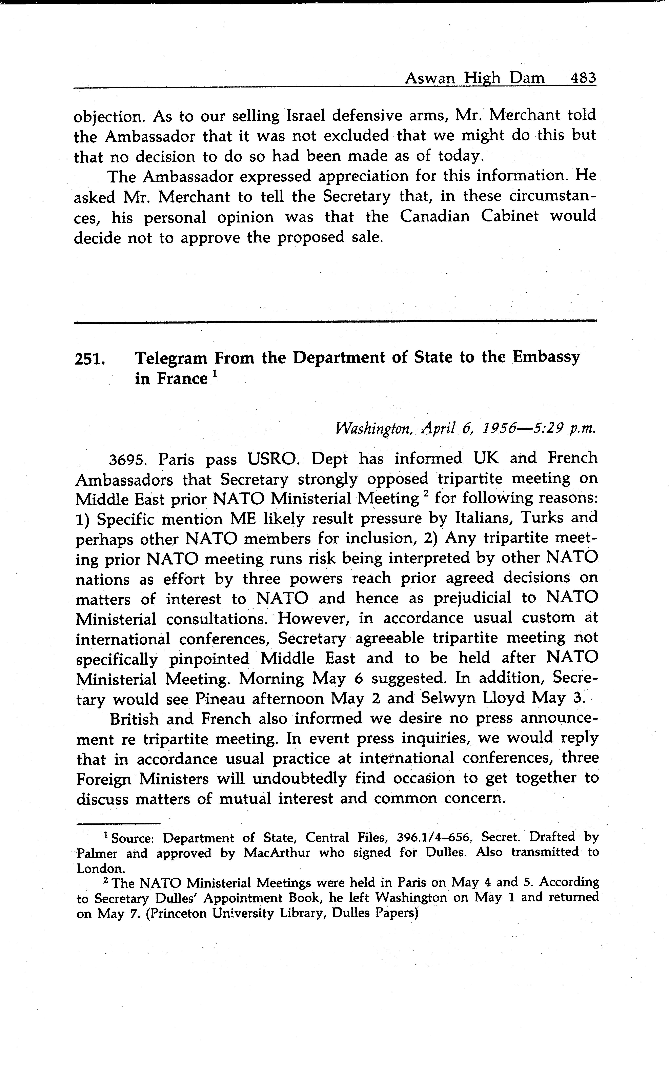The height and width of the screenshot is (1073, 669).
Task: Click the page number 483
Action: pos(583,78)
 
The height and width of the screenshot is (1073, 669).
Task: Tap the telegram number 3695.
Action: pos(128,459)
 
